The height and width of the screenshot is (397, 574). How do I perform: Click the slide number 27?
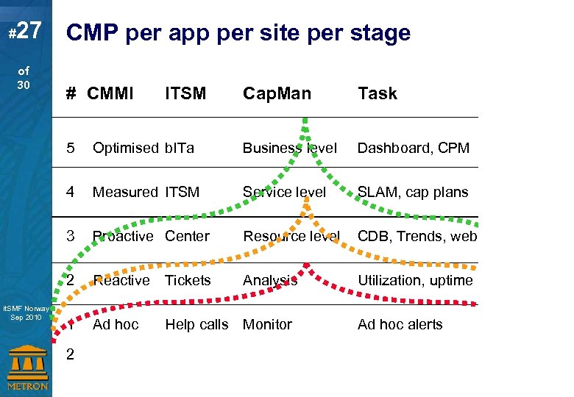tap(26, 31)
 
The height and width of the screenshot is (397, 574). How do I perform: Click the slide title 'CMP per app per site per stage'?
tap(238, 33)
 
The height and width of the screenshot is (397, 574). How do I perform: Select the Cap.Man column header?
tap(277, 93)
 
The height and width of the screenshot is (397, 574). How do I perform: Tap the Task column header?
tap(377, 93)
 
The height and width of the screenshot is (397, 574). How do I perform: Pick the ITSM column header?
tap(185, 93)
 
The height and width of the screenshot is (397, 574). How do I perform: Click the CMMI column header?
tap(110, 93)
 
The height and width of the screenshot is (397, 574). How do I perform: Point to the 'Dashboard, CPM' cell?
tap(413, 148)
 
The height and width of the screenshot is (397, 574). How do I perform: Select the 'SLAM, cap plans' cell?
tap(412, 192)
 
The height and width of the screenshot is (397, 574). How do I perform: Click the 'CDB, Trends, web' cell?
tap(417, 236)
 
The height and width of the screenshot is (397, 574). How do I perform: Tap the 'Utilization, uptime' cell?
tap(415, 280)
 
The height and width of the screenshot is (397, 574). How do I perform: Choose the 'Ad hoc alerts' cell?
tap(400, 324)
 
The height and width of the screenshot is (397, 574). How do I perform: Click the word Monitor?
tap(267, 324)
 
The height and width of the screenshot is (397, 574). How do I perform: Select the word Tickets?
tap(188, 280)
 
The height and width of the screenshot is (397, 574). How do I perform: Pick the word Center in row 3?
tap(187, 236)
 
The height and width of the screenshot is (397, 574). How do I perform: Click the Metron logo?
tap(26, 368)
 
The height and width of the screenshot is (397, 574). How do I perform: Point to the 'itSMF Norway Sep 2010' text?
tap(26, 313)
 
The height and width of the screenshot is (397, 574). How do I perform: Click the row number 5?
tap(70, 148)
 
